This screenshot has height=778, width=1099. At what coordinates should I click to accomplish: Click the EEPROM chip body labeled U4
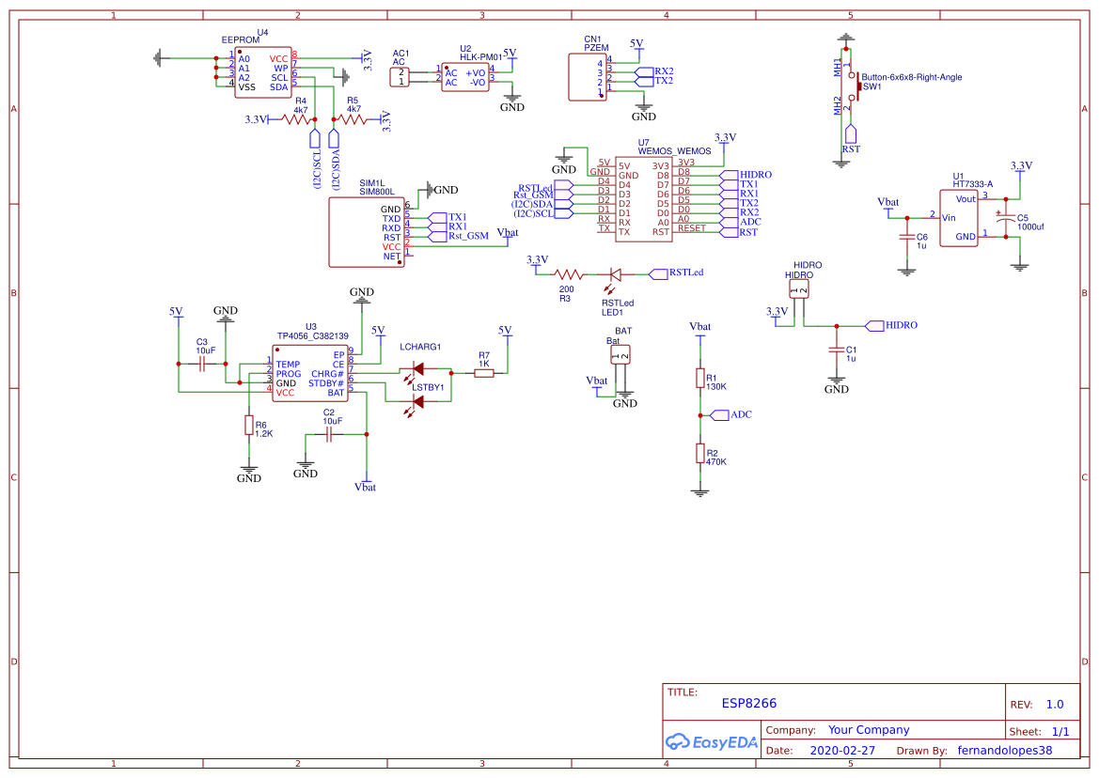(264, 72)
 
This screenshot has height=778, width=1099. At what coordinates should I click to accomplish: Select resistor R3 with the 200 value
(566, 274)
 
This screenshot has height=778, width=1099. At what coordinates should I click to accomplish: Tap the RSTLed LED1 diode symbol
(615, 274)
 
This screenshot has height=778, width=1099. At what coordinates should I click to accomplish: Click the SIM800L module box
(367, 231)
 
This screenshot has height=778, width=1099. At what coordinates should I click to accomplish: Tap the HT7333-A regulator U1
(959, 217)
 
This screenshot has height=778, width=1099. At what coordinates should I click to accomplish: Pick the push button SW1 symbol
(853, 86)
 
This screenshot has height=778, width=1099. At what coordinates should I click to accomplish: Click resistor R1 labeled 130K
(699, 378)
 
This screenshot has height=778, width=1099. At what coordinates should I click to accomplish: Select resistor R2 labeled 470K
(699, 453)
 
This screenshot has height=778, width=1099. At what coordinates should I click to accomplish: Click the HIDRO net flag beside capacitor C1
(874, 325)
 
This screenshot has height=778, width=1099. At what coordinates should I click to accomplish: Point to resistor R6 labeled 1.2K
(248, 426)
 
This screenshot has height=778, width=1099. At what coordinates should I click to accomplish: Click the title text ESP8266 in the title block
(748, 703)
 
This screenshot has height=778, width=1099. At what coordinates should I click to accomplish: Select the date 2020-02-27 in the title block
(842, 751)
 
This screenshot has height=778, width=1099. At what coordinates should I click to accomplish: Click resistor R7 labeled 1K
(484, 373)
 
